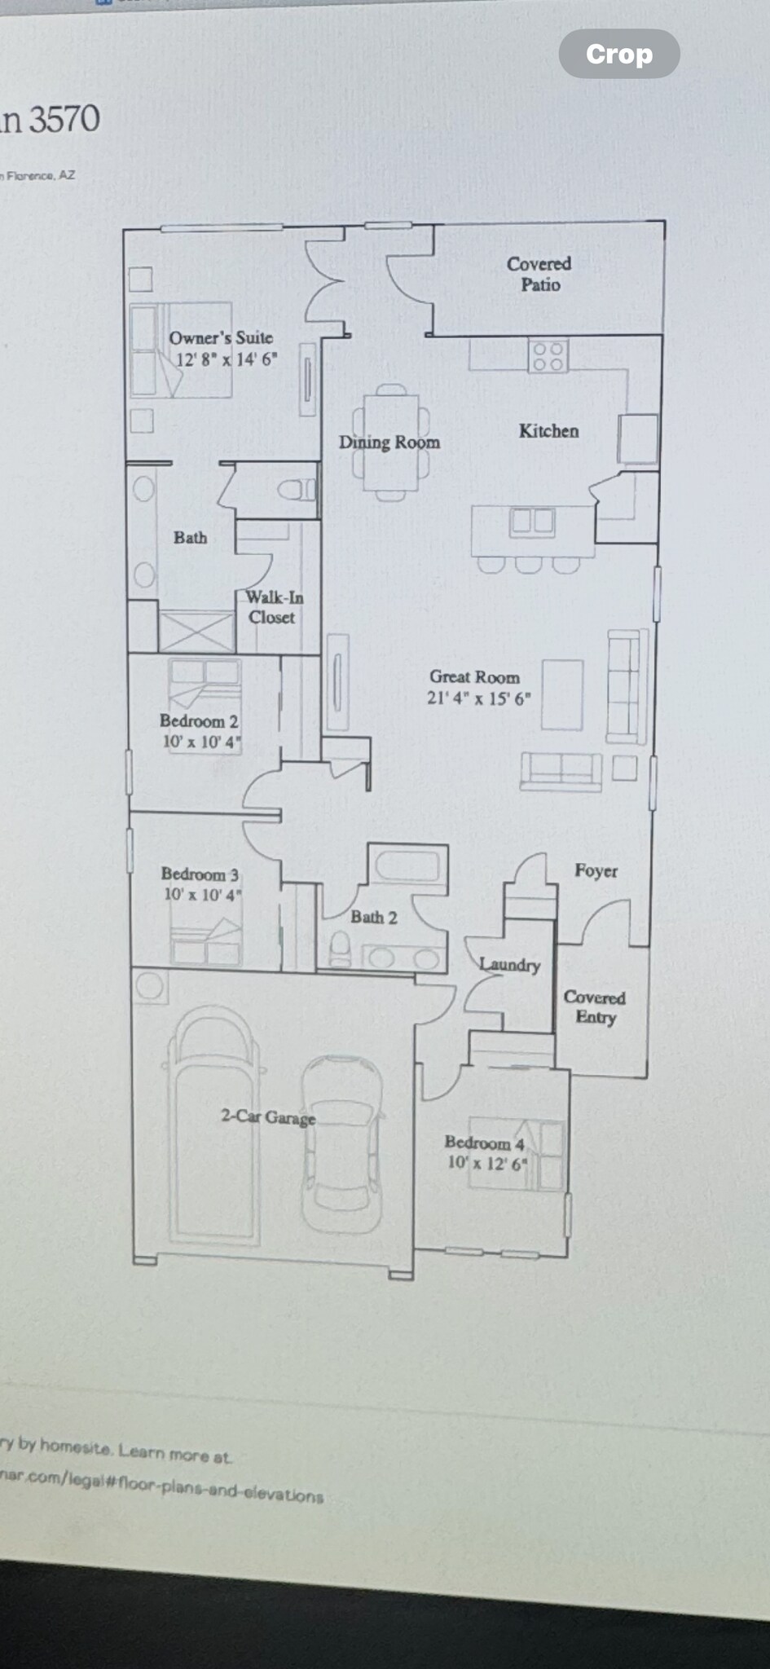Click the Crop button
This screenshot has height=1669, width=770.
pyautogui.click(x=619, y=54)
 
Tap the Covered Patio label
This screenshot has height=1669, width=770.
pyautogui.click(x=539, y=274)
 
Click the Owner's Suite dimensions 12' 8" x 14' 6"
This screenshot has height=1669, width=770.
pyautogui.click(x=227, y=359)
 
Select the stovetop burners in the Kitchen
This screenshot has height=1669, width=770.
pyautogui.click(x=548, y=356)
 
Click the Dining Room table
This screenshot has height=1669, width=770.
pyautogui.click(x=391, y=443)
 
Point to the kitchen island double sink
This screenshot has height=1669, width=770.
pyautogui.click(x=532, y=522)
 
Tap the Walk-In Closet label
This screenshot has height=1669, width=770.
pyautogui.click(x=274, y=607)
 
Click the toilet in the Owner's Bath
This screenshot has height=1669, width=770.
pyautogui.click(x=295, y=489)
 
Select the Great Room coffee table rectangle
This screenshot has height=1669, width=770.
pyautogui.click(x=562, y=694)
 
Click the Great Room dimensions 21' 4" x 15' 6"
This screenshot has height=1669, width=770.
pyautogui.click(x=478, y=698)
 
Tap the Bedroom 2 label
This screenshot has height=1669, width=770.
pyautogui.click(x=199, y=721)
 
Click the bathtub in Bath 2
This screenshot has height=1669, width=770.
pyautogui.click(x=407, y=866)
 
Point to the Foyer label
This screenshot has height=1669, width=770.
pyautogui.click(x=596, y=870)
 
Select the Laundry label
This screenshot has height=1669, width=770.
pyautogui.click(x=510, y=965)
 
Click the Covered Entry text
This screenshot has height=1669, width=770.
pyautogui.click(x=595, y=1007)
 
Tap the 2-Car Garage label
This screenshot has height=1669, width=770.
pyautogui.click(x=268, y=1116)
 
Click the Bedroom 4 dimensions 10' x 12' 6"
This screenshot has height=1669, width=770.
pyautogui.click(x=487, y=1163)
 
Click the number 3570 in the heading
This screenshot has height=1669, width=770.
pyautogui.click(x=64, y=120)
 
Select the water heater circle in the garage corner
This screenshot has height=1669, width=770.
pyautogui.click(x=150, y=986)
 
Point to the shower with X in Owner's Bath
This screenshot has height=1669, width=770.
pyautogui.click(x=196, y=632)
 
